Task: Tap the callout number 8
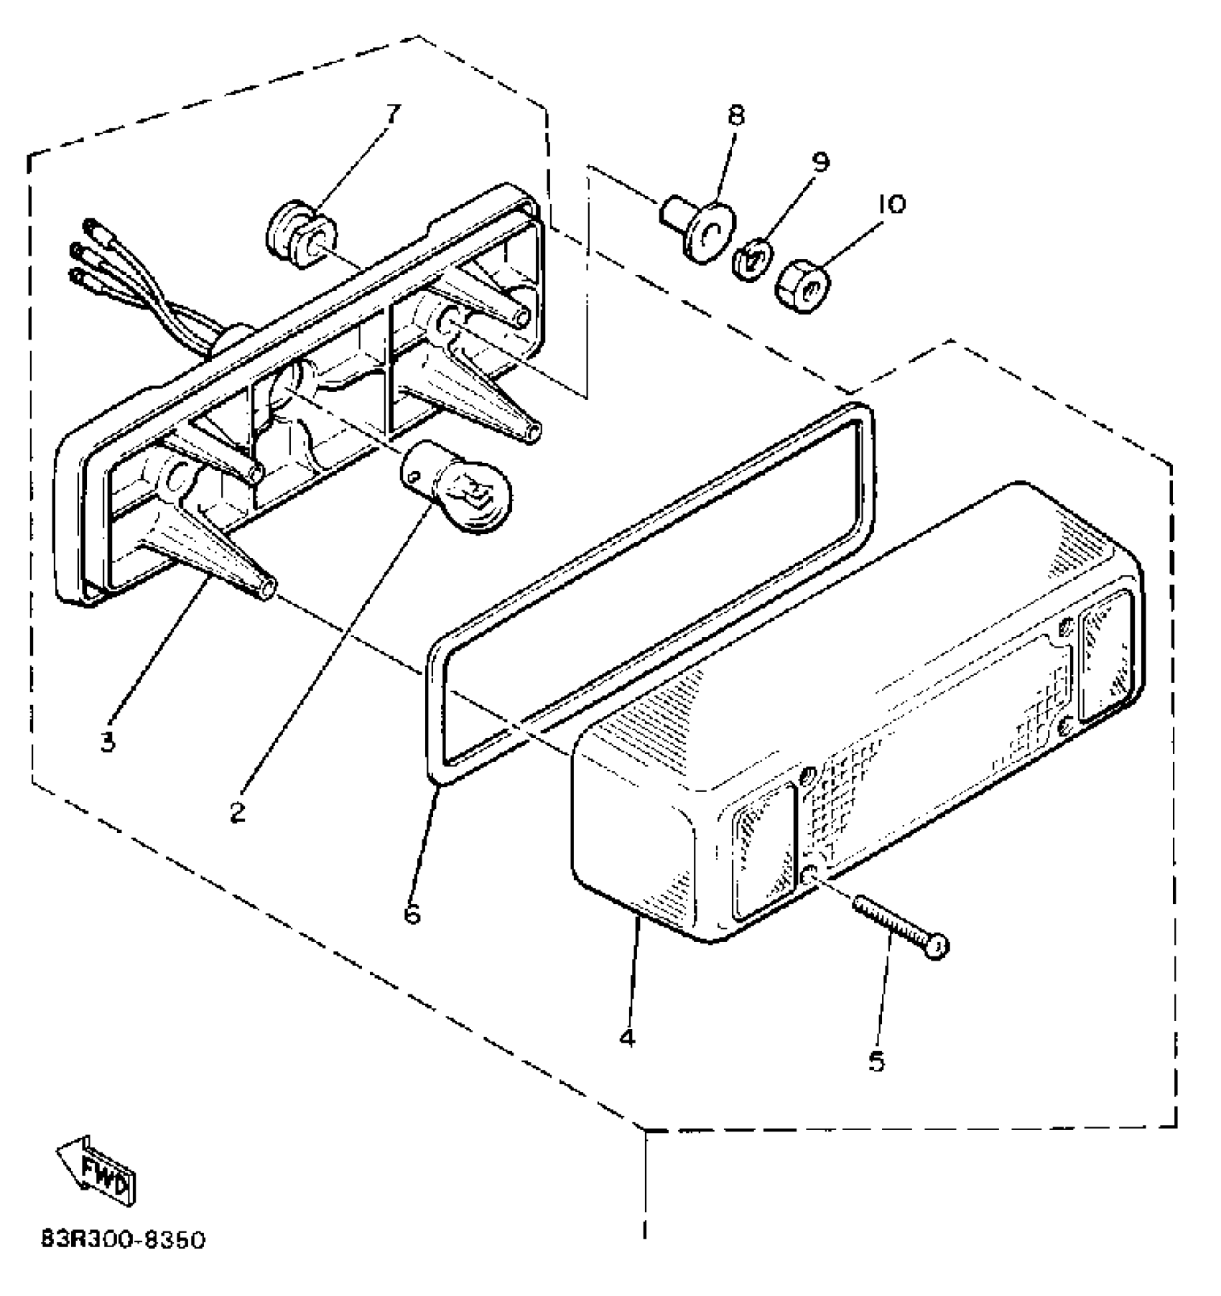point(737,116)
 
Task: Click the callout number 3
point(108,741)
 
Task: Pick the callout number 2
point(238,812)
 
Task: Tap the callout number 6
point(412,913)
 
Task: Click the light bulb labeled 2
point(458,490)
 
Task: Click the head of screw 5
point(937,948)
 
